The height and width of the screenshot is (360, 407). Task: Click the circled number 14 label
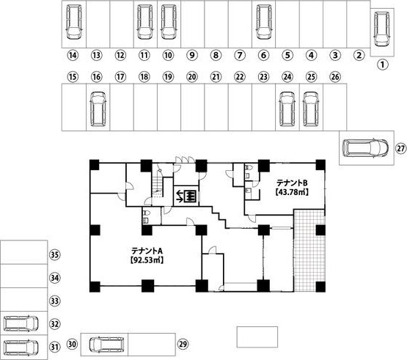[x=73, y=55]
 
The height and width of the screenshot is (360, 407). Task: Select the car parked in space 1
[x=381, y=29]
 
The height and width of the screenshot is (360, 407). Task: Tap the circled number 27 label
[x=401, y=149]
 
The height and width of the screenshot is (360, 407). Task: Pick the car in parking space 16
[x=98, y=109]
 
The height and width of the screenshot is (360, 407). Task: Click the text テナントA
[x=147, y=251]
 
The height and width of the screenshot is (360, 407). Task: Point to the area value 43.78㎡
[x=292, y=192]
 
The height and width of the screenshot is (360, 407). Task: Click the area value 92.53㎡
[x=147, y=260]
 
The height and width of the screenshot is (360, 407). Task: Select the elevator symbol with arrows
[x=186, y=196]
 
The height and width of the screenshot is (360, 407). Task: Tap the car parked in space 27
[x=365, y=148]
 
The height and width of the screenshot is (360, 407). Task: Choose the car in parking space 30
[x=107, y=345]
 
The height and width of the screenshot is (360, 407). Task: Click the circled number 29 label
[x=183, y=344]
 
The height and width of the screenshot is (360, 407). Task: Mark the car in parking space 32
[x=21, y=323]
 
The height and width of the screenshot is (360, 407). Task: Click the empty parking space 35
[x=24, y=252]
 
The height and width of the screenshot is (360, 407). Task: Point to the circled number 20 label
[x=192, y=77]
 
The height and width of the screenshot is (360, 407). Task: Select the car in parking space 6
[x=263, y=22]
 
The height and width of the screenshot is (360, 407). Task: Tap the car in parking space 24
[x=287, y=109]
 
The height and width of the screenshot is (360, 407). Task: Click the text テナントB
[x=292, y=183]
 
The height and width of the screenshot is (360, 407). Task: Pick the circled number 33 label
[x=54, y=301]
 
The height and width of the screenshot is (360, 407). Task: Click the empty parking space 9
[x=193, y=24]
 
